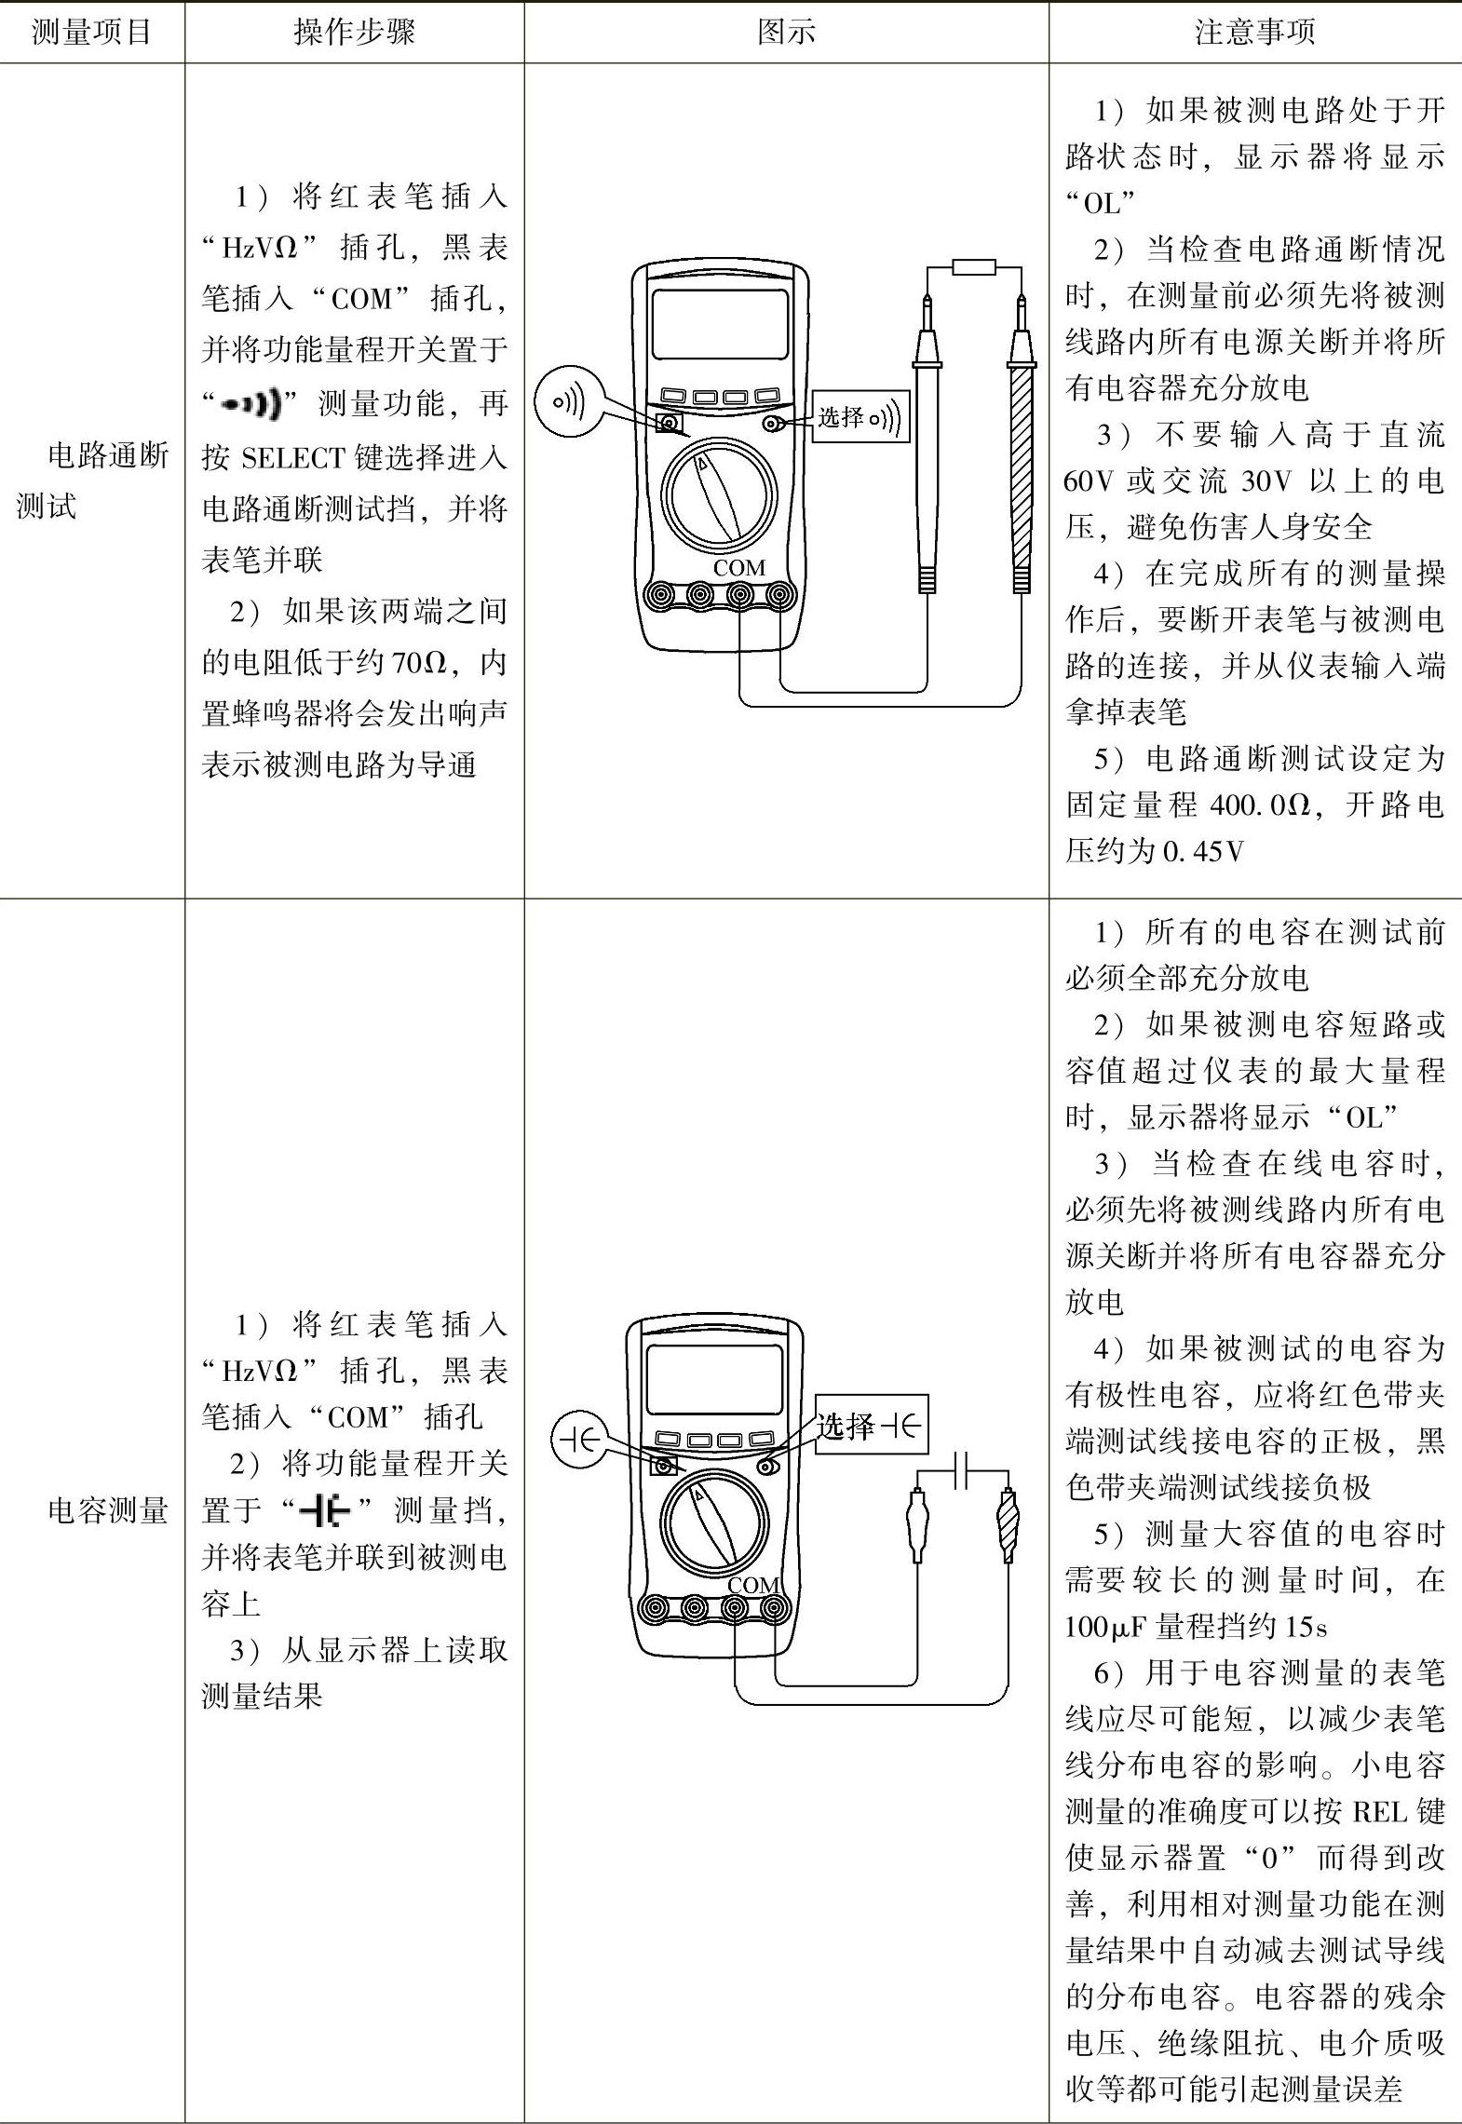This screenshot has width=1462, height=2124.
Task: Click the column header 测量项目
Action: pyautogui.click(x=91, y=33)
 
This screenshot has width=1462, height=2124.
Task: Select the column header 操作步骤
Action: pyautogui.click(x=354, y=33)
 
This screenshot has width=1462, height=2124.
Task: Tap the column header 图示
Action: pyautogui.click(x=786, y=33)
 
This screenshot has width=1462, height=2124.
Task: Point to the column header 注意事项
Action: pyautogui.click(x=1254, y=33)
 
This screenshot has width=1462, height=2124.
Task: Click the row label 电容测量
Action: pyautogui.click(x=107, y=1510)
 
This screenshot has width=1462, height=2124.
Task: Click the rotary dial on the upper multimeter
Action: pyautogui.click(x=719, y=493)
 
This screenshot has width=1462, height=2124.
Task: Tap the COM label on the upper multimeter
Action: pyautogui.click(x=738, y=567)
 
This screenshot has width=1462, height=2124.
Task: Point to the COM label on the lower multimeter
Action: pyautogui.click(x=752, y=1585)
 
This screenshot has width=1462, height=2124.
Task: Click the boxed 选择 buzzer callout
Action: pyautogui.click(x=860, y=416)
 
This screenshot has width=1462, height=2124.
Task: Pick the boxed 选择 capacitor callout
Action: pyautogui.click(x=871, y=1424)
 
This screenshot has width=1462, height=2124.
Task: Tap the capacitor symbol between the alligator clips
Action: pyautogui.click(x=964, y=1471)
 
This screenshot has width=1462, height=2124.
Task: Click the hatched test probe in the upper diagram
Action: pyautogui.click(x=1022, y=456)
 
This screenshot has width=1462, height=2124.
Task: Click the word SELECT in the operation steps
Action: pyautogui.click(x=292, y=458)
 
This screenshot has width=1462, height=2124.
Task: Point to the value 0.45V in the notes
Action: pyautogui.click(x=1203, y=851)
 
